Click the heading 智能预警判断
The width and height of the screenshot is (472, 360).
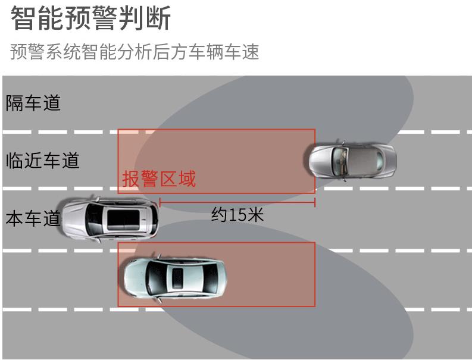click(91, 18)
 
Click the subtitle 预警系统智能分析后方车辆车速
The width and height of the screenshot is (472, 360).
click(135, 52)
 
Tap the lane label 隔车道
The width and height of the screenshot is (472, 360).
click(33, 103)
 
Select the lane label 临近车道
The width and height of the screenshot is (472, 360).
click(42, 160)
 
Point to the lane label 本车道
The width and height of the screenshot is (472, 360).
click(33, 218)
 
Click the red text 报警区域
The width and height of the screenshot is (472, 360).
click(159, 179)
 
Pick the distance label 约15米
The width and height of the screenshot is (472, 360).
click(237, 215)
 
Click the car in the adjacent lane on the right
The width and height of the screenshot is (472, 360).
click(352, 159)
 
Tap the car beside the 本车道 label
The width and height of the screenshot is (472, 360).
click(110, 218)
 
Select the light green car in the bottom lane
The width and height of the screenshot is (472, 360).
click(173, 277)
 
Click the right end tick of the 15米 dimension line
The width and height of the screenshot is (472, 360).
click(315, 203)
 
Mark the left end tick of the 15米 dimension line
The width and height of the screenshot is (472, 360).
click(160, 203)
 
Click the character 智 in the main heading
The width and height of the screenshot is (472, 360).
click(22, 18)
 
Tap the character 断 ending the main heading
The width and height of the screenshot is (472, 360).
click(158, 18)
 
